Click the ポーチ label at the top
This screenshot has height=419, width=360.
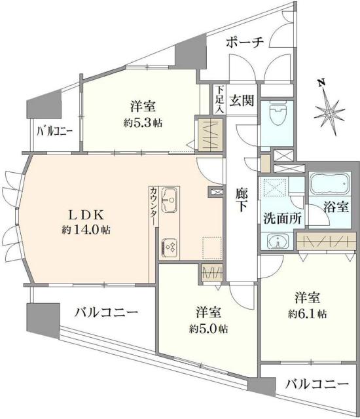[x=245, y=43]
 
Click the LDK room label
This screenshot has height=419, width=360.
[x=86, y=214]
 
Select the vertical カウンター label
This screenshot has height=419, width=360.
[x=153, y=205]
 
